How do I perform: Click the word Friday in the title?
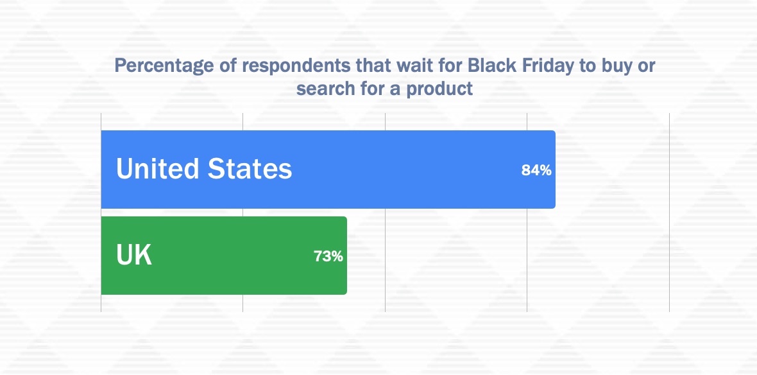(545, 65)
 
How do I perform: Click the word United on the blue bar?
(158, 168)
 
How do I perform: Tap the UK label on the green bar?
(134, 255)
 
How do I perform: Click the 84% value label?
(536, 170)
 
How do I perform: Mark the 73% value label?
(328, 256)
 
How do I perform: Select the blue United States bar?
(328, 170)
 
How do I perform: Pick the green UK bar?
(224, 255)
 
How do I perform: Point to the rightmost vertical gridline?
(669, 213)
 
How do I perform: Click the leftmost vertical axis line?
(101, 213)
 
